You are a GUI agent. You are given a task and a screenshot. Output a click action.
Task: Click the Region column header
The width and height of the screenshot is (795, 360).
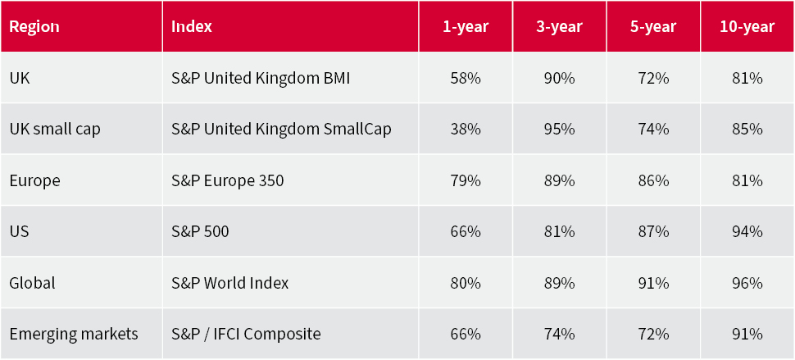[34, 26]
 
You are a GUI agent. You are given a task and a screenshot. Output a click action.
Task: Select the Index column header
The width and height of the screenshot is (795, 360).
[192, 26]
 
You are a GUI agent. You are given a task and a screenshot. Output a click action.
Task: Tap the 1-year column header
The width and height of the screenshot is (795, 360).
[466, 26]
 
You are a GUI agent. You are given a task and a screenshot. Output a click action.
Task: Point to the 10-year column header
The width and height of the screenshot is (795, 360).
[747, 26]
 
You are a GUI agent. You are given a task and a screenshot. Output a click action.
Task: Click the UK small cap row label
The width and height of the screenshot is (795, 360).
[55, 130]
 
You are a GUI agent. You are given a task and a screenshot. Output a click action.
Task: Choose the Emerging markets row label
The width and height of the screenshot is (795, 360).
[74, 335]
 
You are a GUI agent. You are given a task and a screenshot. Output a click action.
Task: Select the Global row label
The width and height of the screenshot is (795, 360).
[32, 283]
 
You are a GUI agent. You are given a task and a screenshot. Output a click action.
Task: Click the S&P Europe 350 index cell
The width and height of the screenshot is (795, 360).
[228, 180]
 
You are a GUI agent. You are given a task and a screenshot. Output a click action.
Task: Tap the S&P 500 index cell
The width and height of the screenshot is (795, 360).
[200, 232]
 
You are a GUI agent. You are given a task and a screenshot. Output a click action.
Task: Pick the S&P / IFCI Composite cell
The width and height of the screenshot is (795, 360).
[246, 335]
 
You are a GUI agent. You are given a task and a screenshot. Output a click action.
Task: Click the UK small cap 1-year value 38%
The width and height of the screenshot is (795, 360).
[466, 130]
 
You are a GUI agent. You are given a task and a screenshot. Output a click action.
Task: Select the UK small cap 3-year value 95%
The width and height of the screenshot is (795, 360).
[559, 130]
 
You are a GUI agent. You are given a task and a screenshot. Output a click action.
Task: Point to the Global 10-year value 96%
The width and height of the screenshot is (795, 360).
[747, 283]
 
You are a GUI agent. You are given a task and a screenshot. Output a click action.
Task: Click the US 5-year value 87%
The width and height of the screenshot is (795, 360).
[653, 232]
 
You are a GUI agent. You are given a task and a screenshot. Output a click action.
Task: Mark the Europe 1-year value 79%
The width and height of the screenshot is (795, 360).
[466, 180]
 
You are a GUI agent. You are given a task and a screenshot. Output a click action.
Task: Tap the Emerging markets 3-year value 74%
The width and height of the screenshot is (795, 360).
[559, 335]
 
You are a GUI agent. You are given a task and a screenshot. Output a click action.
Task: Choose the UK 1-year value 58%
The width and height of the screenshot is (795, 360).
[466, 79]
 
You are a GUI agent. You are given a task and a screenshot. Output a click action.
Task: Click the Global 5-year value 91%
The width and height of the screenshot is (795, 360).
[653, 283]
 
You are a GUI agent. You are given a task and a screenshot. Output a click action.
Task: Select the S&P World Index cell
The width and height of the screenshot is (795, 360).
[230, 283]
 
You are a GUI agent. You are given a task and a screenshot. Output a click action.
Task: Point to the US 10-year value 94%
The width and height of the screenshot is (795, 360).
[747, 232]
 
